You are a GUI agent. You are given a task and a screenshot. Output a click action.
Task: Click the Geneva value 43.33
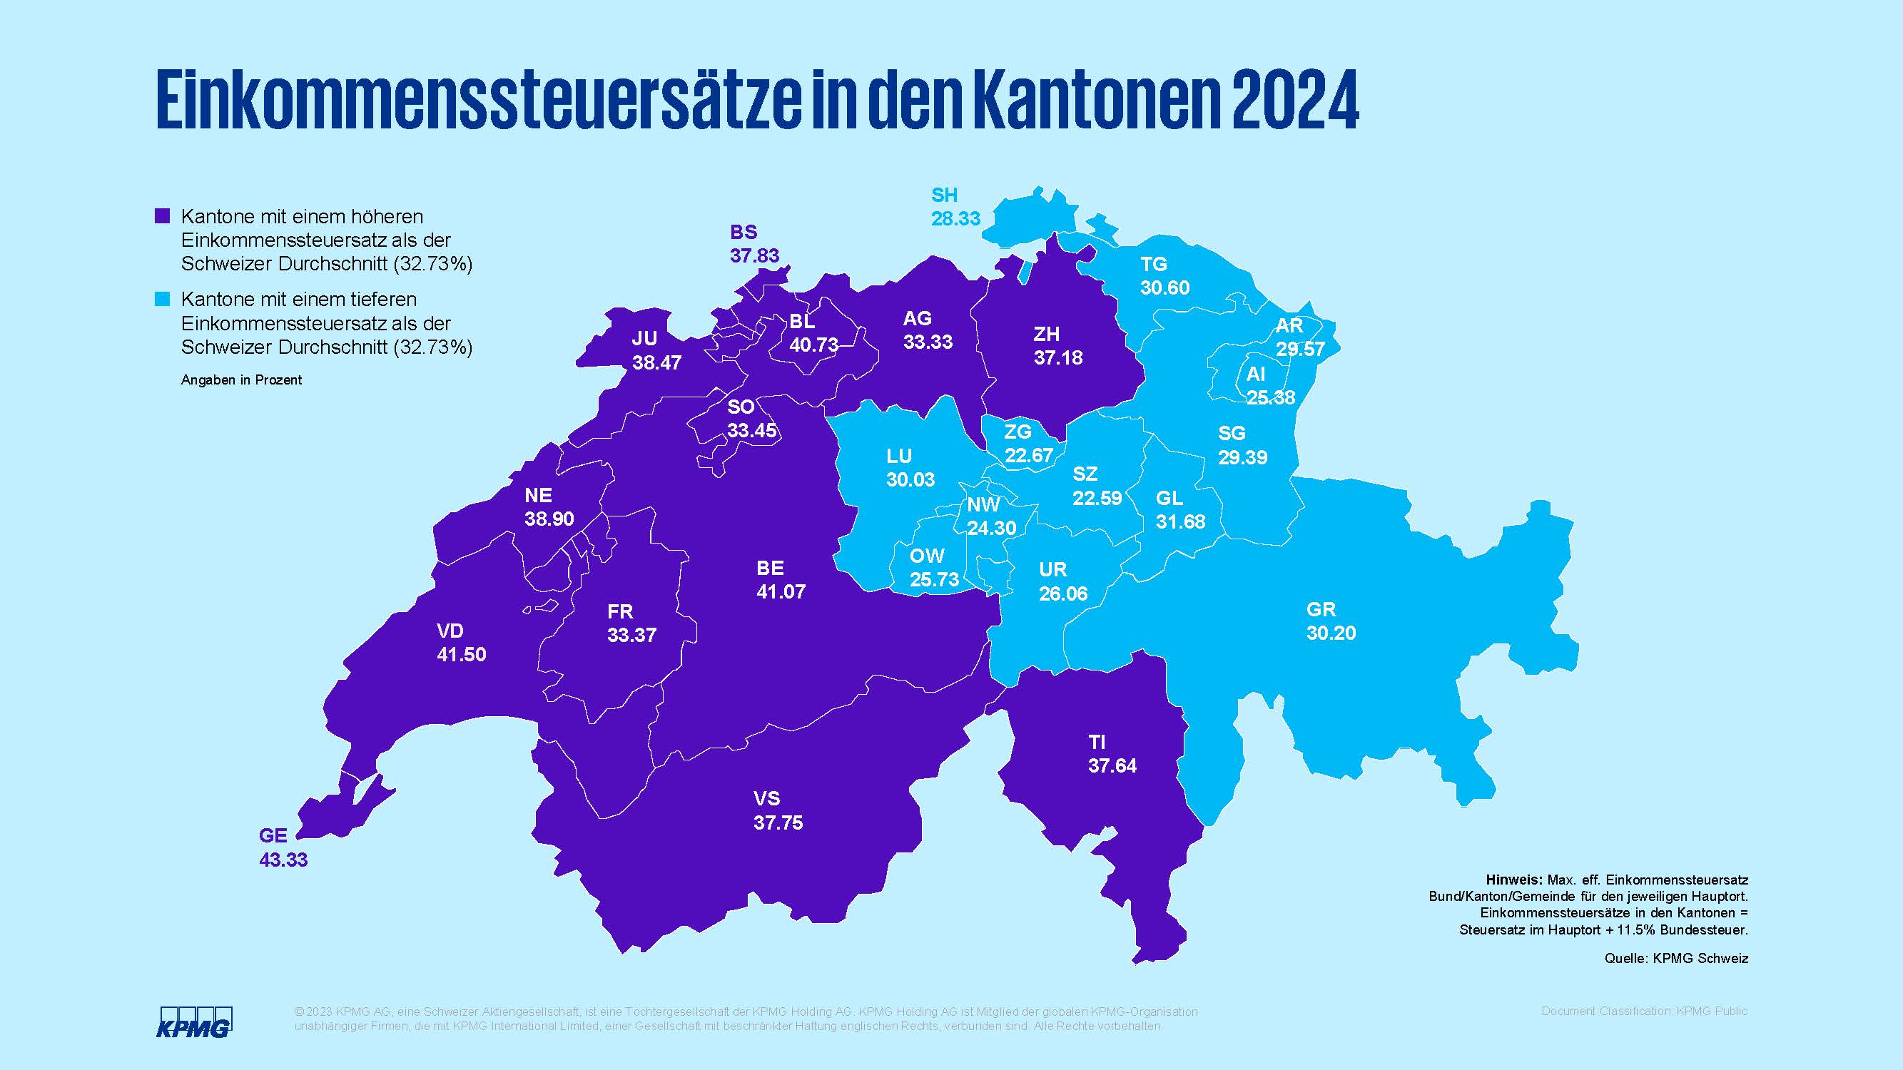[x=283, y=860]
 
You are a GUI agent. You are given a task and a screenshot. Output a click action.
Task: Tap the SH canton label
[x=944, y=195]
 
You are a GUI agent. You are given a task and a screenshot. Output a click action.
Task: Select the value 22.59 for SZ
[x=1097, y=499]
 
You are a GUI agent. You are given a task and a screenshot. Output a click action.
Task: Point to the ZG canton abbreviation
[x=1018, y=432]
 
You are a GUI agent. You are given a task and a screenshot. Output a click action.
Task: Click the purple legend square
[x=162, y=216]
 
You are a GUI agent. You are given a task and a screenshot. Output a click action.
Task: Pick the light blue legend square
[x=162, y=299]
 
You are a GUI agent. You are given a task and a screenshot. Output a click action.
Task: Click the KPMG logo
[x=194, y=1022]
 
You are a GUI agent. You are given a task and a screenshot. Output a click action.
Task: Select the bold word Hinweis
[x=1513, y=880]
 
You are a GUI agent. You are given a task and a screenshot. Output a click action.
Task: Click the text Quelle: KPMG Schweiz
[x=1675, y=959]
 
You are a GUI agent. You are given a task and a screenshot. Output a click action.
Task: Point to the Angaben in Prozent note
[x=242, y=380]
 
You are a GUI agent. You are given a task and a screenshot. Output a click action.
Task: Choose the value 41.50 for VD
[x=461, y=654]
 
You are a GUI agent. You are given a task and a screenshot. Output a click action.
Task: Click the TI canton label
[x=1097, y=742]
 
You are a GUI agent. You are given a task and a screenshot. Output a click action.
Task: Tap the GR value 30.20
[x=1331, y=633]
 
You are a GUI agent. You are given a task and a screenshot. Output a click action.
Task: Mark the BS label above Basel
[x=744, y=232]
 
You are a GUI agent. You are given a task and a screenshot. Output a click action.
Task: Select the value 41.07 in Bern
[x=781, y=591]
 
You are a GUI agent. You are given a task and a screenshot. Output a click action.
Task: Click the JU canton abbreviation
[x=644, y=338]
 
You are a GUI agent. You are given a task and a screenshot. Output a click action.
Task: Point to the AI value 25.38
[x=1271, y=397]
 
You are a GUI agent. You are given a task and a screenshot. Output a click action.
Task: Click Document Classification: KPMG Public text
[x=1645, y=1011]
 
